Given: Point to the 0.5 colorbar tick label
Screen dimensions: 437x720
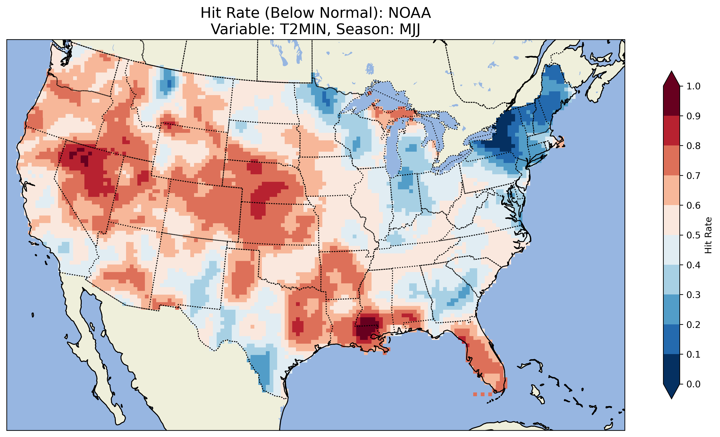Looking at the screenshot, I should tap(693, 235).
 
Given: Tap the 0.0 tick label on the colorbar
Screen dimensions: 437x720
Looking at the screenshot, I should tap(693, 384).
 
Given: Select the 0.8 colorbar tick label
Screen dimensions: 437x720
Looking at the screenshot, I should tap(693, 146).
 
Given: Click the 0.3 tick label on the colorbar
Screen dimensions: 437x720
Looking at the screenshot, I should tap(693, 295).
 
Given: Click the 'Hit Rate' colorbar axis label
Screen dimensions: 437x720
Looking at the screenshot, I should tap(708, 235).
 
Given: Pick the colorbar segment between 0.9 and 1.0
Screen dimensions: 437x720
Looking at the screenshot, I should tap(671, 101).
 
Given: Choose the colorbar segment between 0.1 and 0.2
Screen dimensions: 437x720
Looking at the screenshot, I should tap(671, 339).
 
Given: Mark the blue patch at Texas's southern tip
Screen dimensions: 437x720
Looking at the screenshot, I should tap(261, 368).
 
